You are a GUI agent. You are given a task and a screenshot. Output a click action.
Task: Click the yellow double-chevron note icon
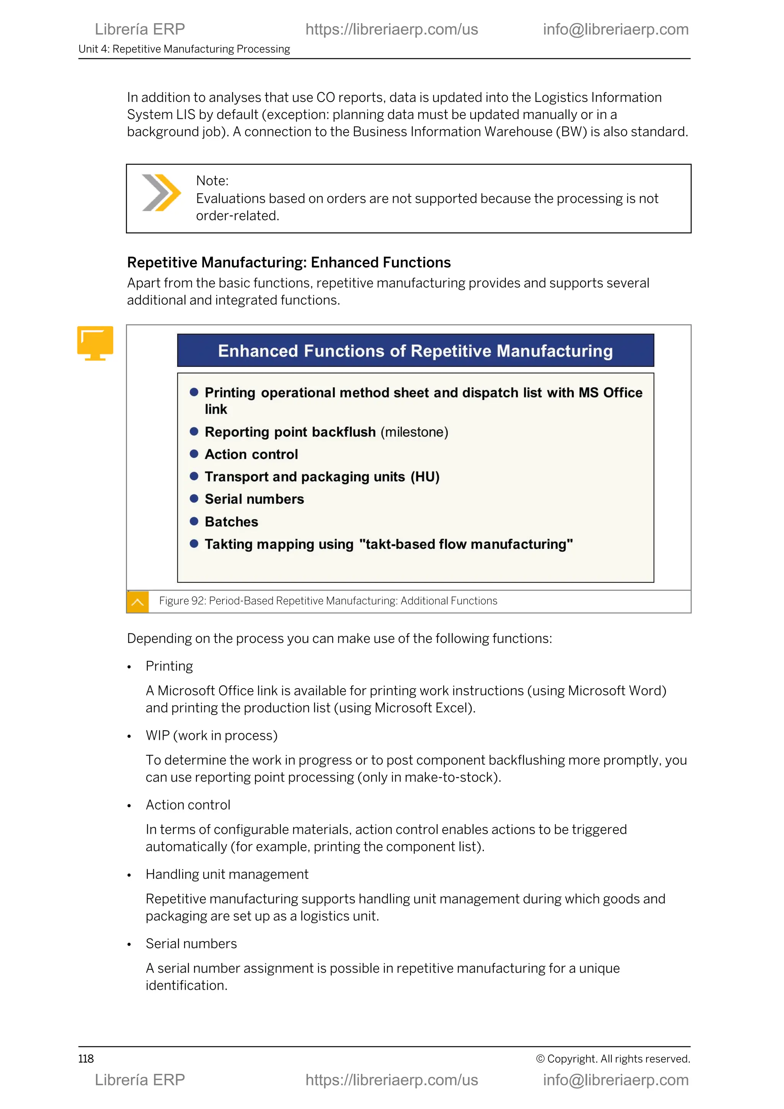click(161, 193)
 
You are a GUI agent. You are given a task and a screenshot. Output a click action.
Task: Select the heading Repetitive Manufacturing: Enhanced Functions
click(289, 262)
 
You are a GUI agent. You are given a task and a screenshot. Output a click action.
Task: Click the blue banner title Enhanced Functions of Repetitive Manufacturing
click(415, 351)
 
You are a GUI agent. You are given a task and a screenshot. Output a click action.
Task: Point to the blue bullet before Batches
click(194, 521)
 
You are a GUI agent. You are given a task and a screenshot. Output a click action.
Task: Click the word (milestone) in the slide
click(414, 432)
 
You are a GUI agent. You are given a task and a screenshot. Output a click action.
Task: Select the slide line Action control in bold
click(251, 454)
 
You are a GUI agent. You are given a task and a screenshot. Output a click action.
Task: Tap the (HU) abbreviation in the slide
click(425, 477)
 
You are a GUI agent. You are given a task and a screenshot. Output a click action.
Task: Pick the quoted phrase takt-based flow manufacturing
click(466, 545)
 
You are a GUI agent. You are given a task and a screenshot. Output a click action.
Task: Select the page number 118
click(86, 1059)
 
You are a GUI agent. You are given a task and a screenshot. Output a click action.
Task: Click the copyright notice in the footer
click(612, 1059)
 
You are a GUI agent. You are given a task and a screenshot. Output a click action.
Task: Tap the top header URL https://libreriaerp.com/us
click(392, 29)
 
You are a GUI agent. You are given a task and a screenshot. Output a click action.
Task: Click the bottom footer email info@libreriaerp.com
click(616, 1080)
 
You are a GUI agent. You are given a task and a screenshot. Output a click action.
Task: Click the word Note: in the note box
click(212, 181)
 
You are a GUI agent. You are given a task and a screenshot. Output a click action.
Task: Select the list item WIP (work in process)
click(211, 736)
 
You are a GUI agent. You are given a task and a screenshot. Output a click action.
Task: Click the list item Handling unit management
click(227, 874)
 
